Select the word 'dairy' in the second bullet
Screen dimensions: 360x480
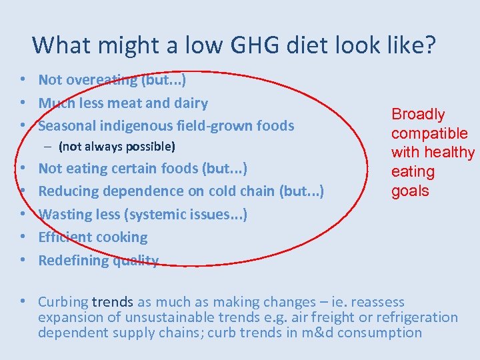190,103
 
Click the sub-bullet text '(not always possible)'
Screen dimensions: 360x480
117,146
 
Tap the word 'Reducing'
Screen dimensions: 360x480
67,191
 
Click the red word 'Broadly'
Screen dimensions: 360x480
418,115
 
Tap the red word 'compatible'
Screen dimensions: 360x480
429,133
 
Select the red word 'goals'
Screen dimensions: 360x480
410,191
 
